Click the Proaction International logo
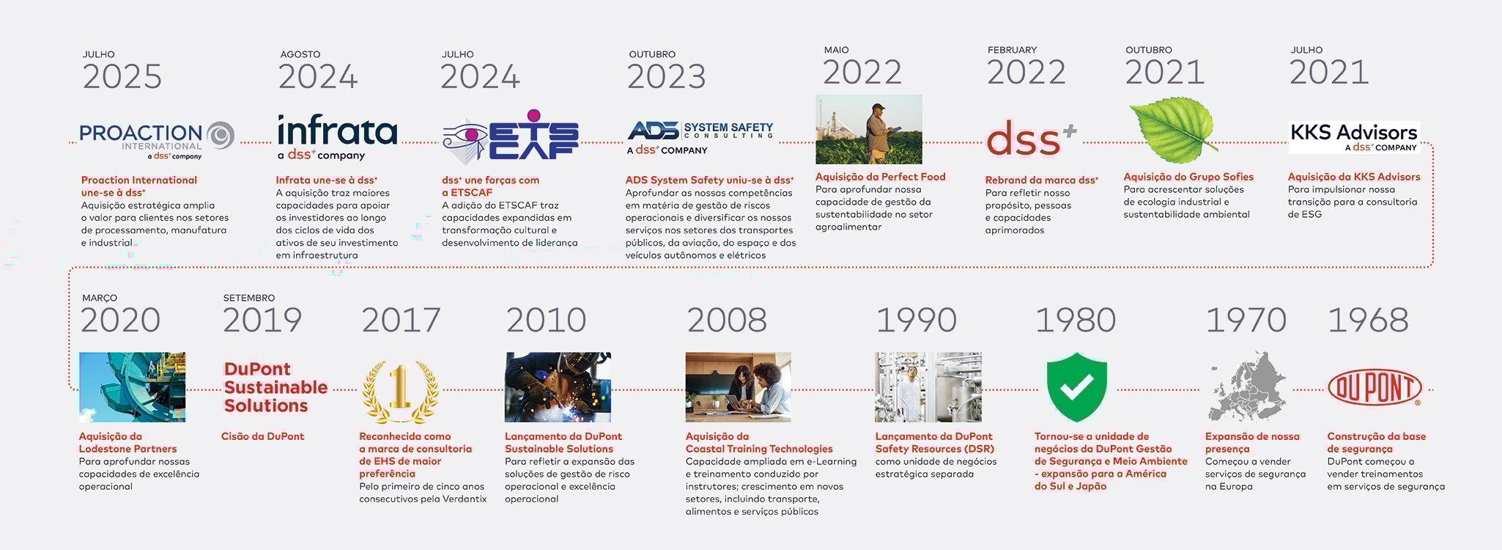coord(157,140)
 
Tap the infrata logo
coord(337,137)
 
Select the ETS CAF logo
coord(511,137)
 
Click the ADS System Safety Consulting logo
coord(700,139)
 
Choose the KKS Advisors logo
coord(1354,137)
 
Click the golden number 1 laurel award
coord(400,391)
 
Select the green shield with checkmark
coord(1076,386)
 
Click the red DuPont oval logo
coord(1375,388)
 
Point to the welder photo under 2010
coord(558,387)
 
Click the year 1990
coord(916,320)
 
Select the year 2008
coord(727,320)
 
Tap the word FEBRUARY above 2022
coord(1012,50)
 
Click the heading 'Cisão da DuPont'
coord(262,436)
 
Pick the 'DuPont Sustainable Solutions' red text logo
coord(275,387)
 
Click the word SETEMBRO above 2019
coord(249,298)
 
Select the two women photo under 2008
coord(739,387)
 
